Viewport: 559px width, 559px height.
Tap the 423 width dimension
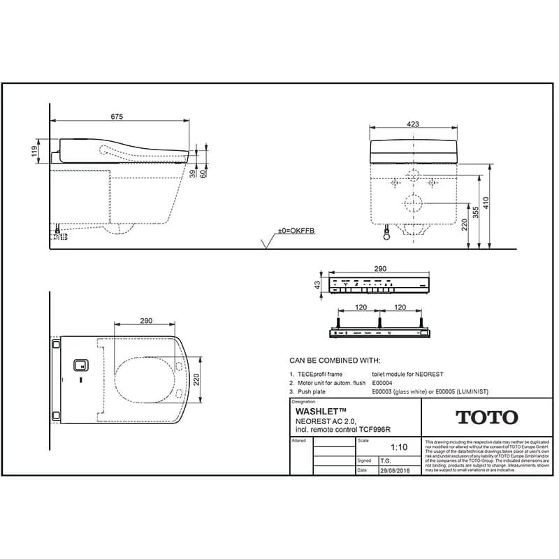click(x=412, y=124)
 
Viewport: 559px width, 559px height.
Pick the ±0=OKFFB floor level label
click(x=296, y=230)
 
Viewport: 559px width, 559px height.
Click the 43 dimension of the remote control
click(x=317, y=285)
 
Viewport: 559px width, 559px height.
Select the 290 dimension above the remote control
click(x=379, y=268)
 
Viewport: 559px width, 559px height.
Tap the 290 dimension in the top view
click(x=146, y=320)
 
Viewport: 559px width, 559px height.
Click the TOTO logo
click(x=487, y=418)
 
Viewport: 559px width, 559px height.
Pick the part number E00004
click(x=381, y=383)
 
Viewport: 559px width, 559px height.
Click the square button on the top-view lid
click(x=80, y=365)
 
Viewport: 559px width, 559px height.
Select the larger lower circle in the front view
click(x=414, y=203)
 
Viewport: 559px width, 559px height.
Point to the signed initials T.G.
click(x=385, y=461)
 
